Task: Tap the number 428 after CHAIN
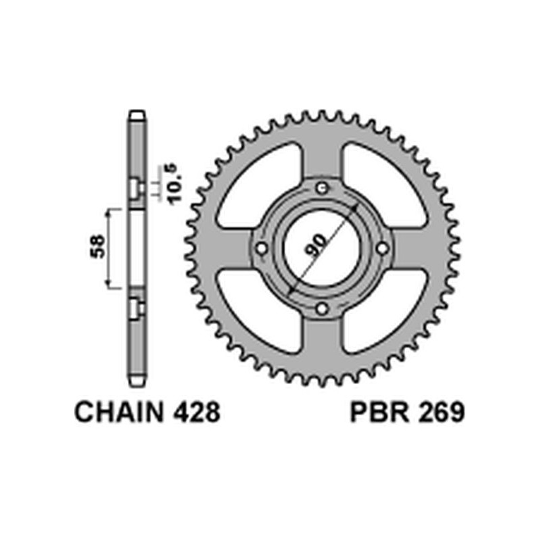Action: point(196,413)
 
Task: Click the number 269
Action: point(440,413)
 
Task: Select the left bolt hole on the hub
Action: point(260,249)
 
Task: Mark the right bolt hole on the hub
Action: point(383,249)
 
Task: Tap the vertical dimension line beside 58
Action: point(108,248)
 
